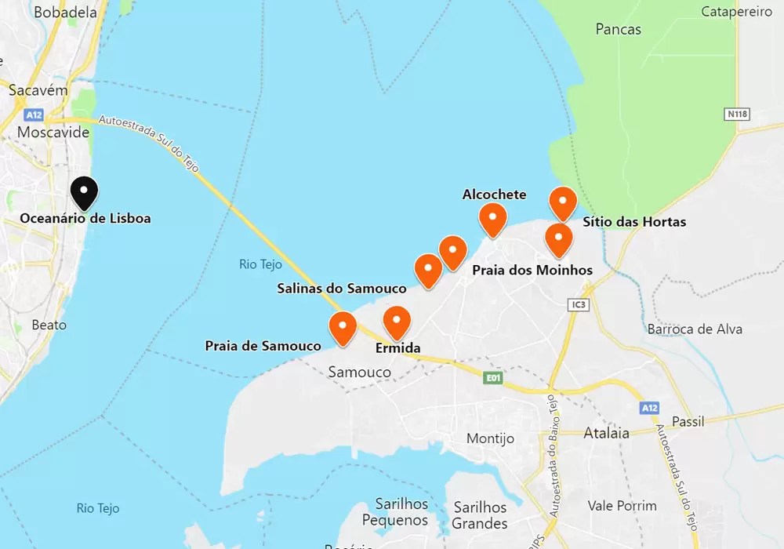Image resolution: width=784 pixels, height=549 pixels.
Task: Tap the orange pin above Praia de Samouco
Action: pyautogui.click(x=343, y=328)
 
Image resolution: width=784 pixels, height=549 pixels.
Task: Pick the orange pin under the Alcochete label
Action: pyautogui.click(x=492, y=219)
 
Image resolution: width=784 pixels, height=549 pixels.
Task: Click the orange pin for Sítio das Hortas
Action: pyautogui.click(x=563, y=203)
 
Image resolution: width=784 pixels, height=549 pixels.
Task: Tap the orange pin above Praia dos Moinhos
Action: pyautogui.click(x=558, y=239)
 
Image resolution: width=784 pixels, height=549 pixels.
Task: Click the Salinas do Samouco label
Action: pyautogui.click(x=342, y=289)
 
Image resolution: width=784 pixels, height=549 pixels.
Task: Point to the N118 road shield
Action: pyautogui.click(x=737, y=115)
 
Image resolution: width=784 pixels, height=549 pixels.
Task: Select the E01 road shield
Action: pyautogui.click(x=492, y=379)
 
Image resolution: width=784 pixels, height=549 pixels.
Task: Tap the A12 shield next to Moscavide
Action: pyautogui.click(x=32, y=115)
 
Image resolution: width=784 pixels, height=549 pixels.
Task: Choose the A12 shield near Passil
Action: pyautogui.click(x=648, y=408)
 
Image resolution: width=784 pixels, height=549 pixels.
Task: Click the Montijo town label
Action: pyautogui.click(x=490, y=438)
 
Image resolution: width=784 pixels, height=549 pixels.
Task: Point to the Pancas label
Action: pyautogui.click(x=618, y=30)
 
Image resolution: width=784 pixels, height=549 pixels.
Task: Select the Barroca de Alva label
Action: pyautogui.click(x=695, y=329)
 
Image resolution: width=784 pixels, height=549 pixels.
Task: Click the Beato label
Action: pyautogui.click(x=49, y=325)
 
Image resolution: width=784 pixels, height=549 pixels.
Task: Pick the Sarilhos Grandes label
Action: pyautogui.click(x=480, y=514)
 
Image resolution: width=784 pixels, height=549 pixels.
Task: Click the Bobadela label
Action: pyautogui.click(x=66, y=13)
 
